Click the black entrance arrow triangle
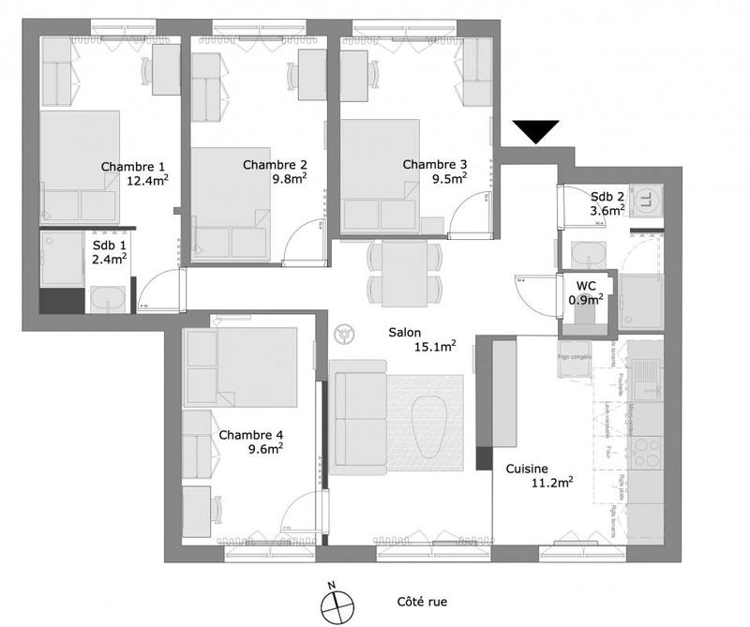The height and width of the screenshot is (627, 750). [x=536, y=132]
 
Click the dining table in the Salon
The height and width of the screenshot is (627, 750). [x=405, y=271]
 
